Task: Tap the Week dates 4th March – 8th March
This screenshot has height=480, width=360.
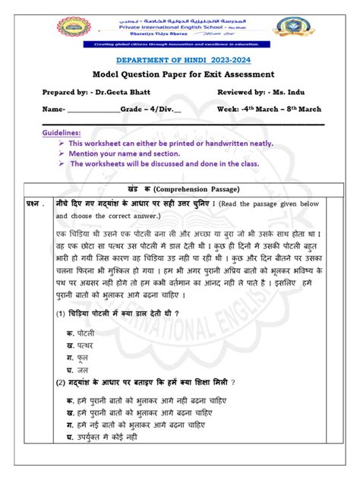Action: coord(286,109)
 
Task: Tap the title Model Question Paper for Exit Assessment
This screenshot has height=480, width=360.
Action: coord(179,76)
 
